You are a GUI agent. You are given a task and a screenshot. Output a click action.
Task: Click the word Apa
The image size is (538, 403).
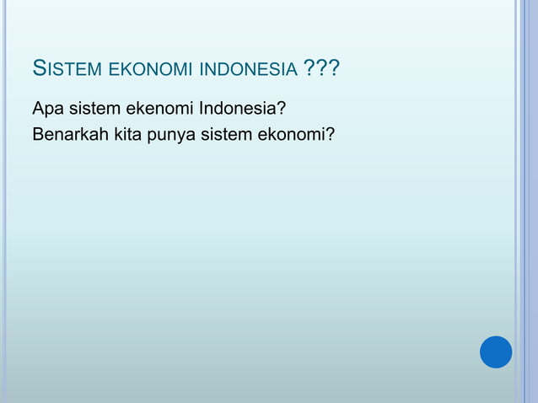tap(47, 110)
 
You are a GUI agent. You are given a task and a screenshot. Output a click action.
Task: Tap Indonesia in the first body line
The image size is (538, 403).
tap(243, 110)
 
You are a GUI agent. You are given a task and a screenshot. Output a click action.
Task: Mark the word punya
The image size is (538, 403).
tap(172, 134)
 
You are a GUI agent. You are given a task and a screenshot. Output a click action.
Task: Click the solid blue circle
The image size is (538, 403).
tap(496, 352)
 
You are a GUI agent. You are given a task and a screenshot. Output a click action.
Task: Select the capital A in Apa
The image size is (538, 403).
tap(38, 110)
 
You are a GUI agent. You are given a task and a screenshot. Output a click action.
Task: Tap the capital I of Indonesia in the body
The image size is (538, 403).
tap(201, 110)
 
